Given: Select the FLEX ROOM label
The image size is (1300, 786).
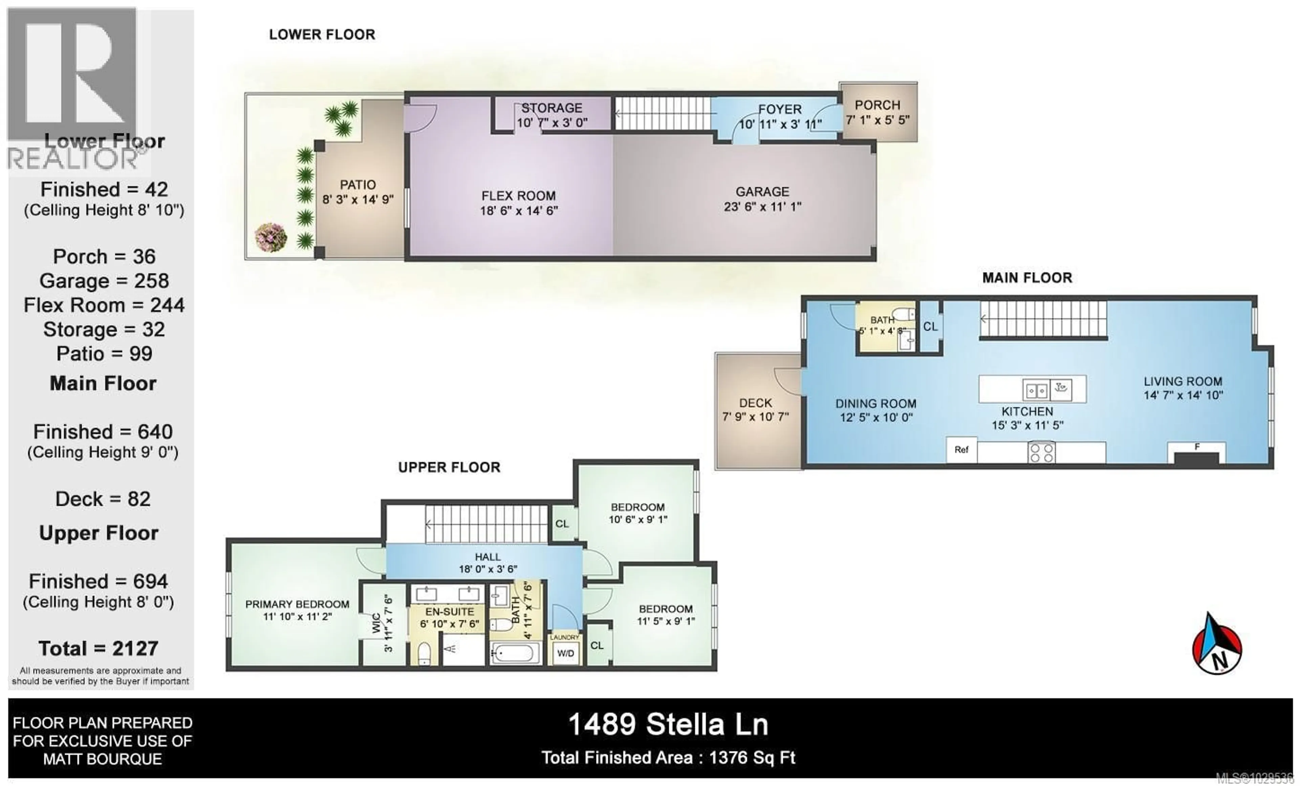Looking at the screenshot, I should [518, 196].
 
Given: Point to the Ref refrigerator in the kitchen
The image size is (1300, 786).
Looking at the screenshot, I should [961, 450].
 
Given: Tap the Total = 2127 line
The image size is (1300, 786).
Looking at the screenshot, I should [99, 648].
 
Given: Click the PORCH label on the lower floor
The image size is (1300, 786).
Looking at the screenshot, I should [877, 105].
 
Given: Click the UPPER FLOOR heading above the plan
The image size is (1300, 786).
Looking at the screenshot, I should [449, 467].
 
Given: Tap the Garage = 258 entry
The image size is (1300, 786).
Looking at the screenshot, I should [104, 281].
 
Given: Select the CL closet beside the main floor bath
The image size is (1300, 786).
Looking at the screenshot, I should [930, 327].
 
